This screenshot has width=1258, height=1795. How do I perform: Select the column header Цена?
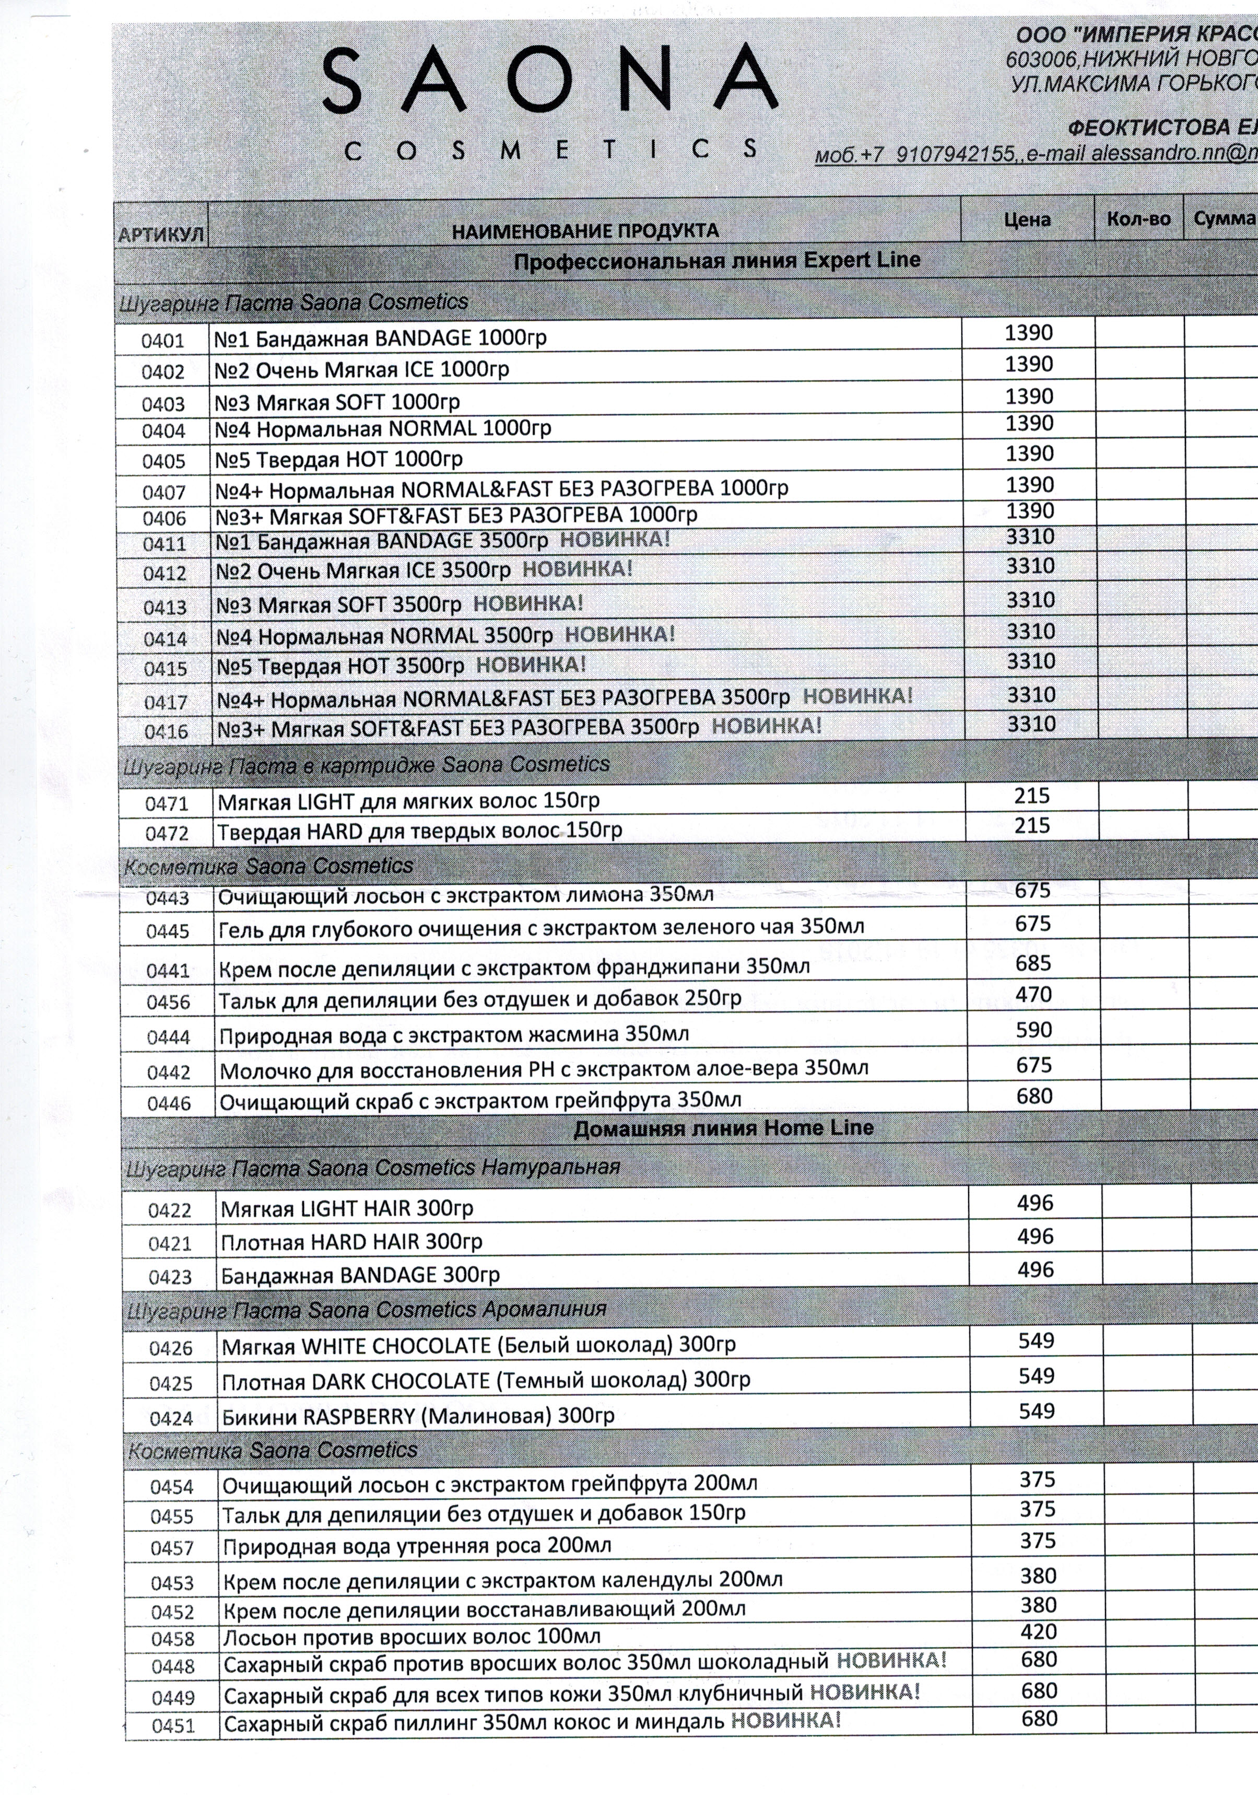click(x=1027, y=220)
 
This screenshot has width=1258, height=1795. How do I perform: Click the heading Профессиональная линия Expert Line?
click(x=716, y=260)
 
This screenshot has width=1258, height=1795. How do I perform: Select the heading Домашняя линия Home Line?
click(x=724, y=1128)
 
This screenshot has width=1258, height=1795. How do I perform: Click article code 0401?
click(x=162, y=341)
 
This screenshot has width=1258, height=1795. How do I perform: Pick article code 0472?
click(x=167, y=833)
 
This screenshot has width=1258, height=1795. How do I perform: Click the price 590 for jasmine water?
click(x=1034, y=1030)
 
